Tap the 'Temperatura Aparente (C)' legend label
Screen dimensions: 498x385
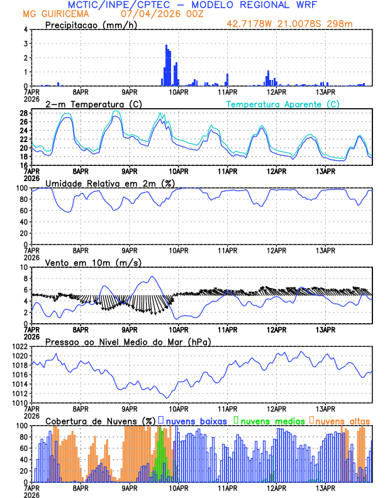(282, 104)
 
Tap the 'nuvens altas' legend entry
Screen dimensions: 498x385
(339, 421)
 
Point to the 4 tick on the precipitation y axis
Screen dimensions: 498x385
(25, 30)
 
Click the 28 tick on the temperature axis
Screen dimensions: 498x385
(23, 113)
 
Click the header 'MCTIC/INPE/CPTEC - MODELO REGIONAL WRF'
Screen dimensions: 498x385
(192, 4)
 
